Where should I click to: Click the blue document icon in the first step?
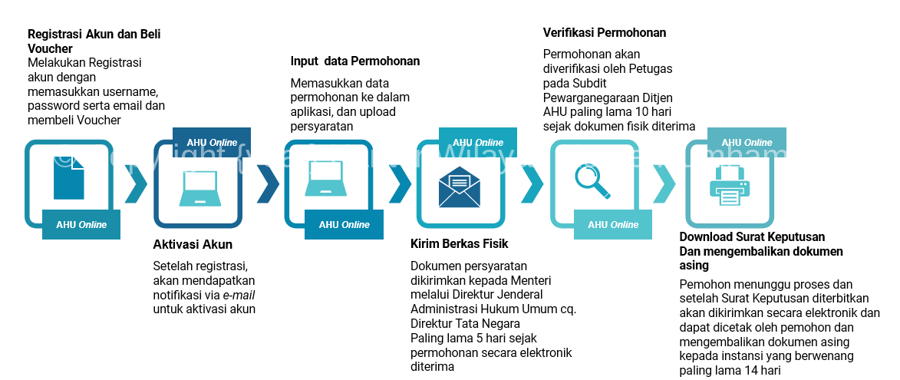69,177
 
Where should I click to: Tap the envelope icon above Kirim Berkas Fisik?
460,188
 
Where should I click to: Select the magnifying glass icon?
592,181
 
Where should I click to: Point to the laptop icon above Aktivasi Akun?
198,187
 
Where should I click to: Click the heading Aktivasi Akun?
193,245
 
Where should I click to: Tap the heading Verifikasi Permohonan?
605,33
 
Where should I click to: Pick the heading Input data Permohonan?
355,61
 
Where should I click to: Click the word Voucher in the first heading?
50,48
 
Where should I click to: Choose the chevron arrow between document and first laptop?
136,183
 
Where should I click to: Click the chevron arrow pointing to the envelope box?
400,183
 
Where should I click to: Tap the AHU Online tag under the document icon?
81,225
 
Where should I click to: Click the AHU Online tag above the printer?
747,142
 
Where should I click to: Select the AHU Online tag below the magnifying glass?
613,225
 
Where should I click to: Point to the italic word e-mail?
239,295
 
